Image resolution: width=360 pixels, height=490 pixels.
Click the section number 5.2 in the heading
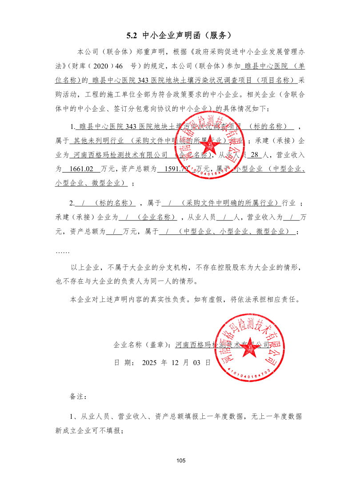132,35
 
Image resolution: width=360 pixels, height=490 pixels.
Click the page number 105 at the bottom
180,460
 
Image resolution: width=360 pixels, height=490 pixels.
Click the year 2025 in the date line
150,362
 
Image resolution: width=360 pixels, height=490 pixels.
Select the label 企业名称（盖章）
143,345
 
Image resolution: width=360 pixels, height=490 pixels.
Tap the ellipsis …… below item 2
62,252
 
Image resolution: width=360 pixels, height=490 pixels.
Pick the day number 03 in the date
197,362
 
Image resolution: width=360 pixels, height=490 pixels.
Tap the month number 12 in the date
175,362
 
